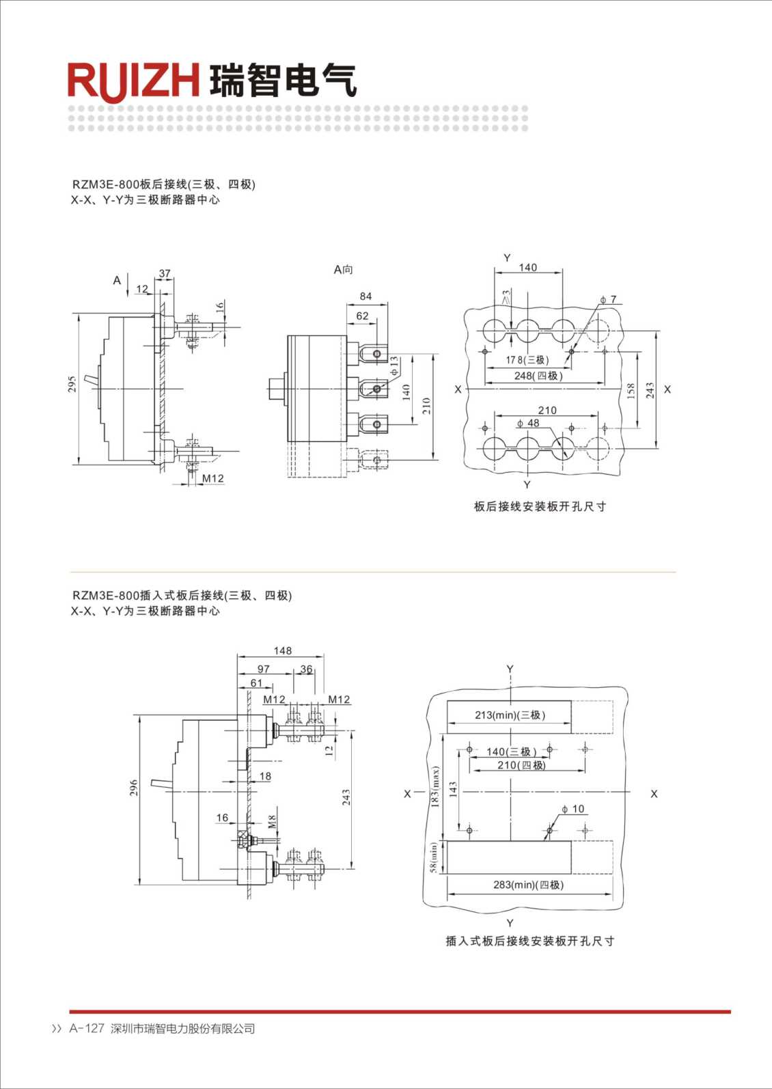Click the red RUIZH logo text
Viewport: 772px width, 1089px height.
(133, 81)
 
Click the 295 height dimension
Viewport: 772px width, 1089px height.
(72, 384)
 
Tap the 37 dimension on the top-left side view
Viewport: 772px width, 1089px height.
(165, 274)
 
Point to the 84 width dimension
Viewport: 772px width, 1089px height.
(366, 297)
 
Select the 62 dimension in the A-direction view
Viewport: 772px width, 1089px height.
(362, 316)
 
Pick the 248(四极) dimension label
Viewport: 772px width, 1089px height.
(538, 376)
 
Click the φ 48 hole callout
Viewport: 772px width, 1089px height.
(528, 424)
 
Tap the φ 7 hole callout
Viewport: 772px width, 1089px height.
(608, 300)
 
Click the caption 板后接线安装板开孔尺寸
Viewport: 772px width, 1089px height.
(540, 506)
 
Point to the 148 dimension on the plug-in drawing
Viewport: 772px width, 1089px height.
(282, 651)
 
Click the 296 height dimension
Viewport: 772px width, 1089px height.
(134, 788)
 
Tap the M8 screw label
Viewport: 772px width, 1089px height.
(272, 821)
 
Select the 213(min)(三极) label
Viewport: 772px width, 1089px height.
(510, 715)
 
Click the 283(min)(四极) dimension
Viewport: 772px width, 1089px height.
(528, 885)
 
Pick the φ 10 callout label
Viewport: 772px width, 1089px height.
(573, 809)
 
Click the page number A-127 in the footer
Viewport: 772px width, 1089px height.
(87, 1029)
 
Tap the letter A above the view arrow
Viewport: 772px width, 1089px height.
(118, 281)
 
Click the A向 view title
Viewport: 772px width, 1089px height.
(343, 270)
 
